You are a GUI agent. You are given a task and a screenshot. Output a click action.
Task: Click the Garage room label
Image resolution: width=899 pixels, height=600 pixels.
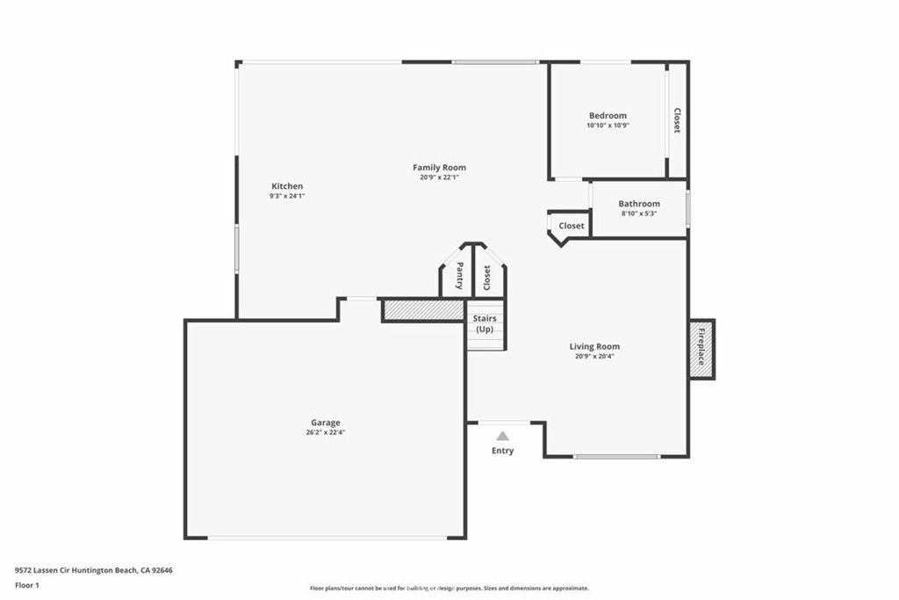325,423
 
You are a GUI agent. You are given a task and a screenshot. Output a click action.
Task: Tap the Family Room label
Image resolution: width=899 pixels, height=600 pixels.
439,167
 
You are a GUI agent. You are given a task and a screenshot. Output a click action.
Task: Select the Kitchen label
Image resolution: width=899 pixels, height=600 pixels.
287,186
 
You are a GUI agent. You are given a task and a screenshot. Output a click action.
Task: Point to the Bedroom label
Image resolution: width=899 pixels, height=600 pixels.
608,116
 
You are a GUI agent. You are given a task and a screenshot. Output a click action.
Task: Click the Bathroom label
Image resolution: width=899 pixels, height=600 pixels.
638,204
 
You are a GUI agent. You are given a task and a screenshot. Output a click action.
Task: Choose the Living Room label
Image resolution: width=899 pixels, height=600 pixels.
594,346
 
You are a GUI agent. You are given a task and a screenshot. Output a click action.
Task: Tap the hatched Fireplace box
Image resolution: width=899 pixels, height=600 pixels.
701,349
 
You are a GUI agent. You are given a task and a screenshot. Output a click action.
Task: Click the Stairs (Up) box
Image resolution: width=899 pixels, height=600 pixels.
485,324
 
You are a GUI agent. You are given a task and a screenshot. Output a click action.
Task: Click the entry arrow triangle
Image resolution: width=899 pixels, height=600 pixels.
502,435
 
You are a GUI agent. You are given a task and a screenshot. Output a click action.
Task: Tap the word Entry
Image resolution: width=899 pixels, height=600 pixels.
502,451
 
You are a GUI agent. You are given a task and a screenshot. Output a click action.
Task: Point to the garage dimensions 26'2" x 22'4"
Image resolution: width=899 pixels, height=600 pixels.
325,432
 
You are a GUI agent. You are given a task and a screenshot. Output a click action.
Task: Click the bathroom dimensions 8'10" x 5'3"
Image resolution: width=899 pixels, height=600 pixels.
638,213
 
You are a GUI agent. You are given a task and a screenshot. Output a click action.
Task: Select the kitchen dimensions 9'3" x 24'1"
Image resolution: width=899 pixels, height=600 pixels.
287,196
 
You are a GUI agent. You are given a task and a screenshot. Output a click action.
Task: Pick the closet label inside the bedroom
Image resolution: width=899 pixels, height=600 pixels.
676,120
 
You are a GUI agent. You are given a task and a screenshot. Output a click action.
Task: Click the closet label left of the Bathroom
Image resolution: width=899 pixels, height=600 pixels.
571,226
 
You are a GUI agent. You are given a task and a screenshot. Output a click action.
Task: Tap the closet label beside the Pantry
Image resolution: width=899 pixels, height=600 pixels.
487,278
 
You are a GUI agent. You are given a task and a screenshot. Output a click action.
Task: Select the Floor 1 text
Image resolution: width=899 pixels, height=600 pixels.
26,584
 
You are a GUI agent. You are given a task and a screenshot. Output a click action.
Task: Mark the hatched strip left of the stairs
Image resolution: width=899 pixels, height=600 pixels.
423,310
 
